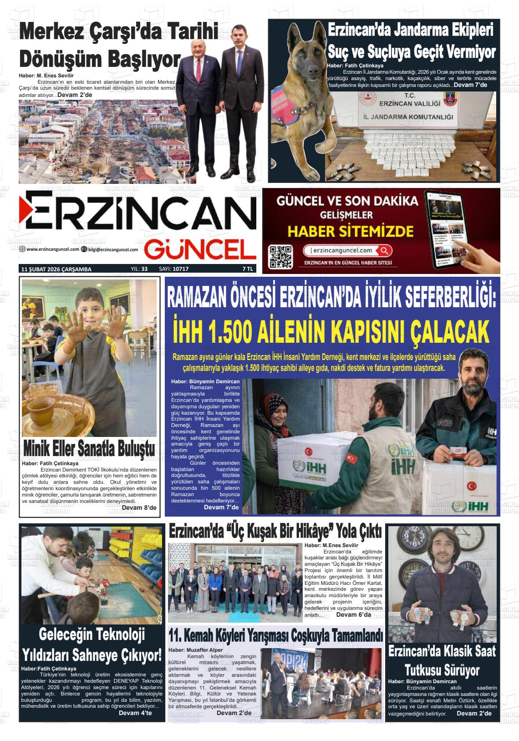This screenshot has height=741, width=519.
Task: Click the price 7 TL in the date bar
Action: [x=248, y=269]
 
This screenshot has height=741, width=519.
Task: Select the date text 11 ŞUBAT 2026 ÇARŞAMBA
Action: [x=56, y=269]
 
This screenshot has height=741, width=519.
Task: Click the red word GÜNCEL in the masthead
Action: [x=200, y=250]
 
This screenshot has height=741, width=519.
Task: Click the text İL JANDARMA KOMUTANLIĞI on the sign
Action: [x=408, y=117]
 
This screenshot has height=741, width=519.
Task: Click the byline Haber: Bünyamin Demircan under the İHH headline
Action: [x=205, y=381]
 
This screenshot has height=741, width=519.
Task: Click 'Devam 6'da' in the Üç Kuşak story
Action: [x=353, y=614]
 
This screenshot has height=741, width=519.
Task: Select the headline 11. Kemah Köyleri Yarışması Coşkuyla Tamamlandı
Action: [x=275, y=635]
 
